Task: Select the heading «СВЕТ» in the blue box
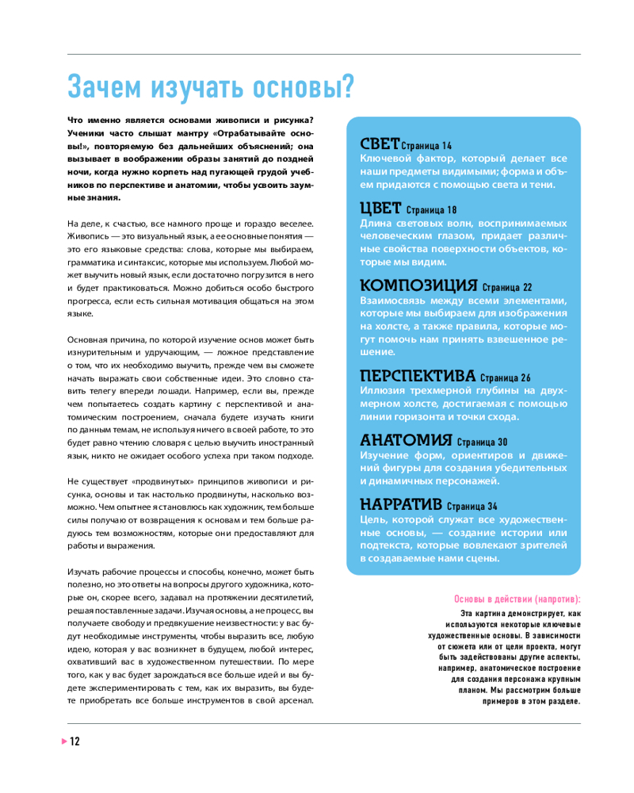coord(380,144)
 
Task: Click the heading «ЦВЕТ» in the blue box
coord(380,209)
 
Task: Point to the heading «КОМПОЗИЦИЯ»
coord(418,285)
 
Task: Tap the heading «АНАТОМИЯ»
coord(406,440)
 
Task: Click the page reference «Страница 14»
coord(426,147)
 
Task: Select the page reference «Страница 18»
coord(432,210)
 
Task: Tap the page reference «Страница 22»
coord(506,287)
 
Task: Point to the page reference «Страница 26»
coord(505,377)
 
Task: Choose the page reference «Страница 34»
coord(472,506)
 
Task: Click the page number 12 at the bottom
coord(75,742)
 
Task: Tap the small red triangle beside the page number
coord(64,741)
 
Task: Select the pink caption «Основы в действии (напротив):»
coord(517,599)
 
